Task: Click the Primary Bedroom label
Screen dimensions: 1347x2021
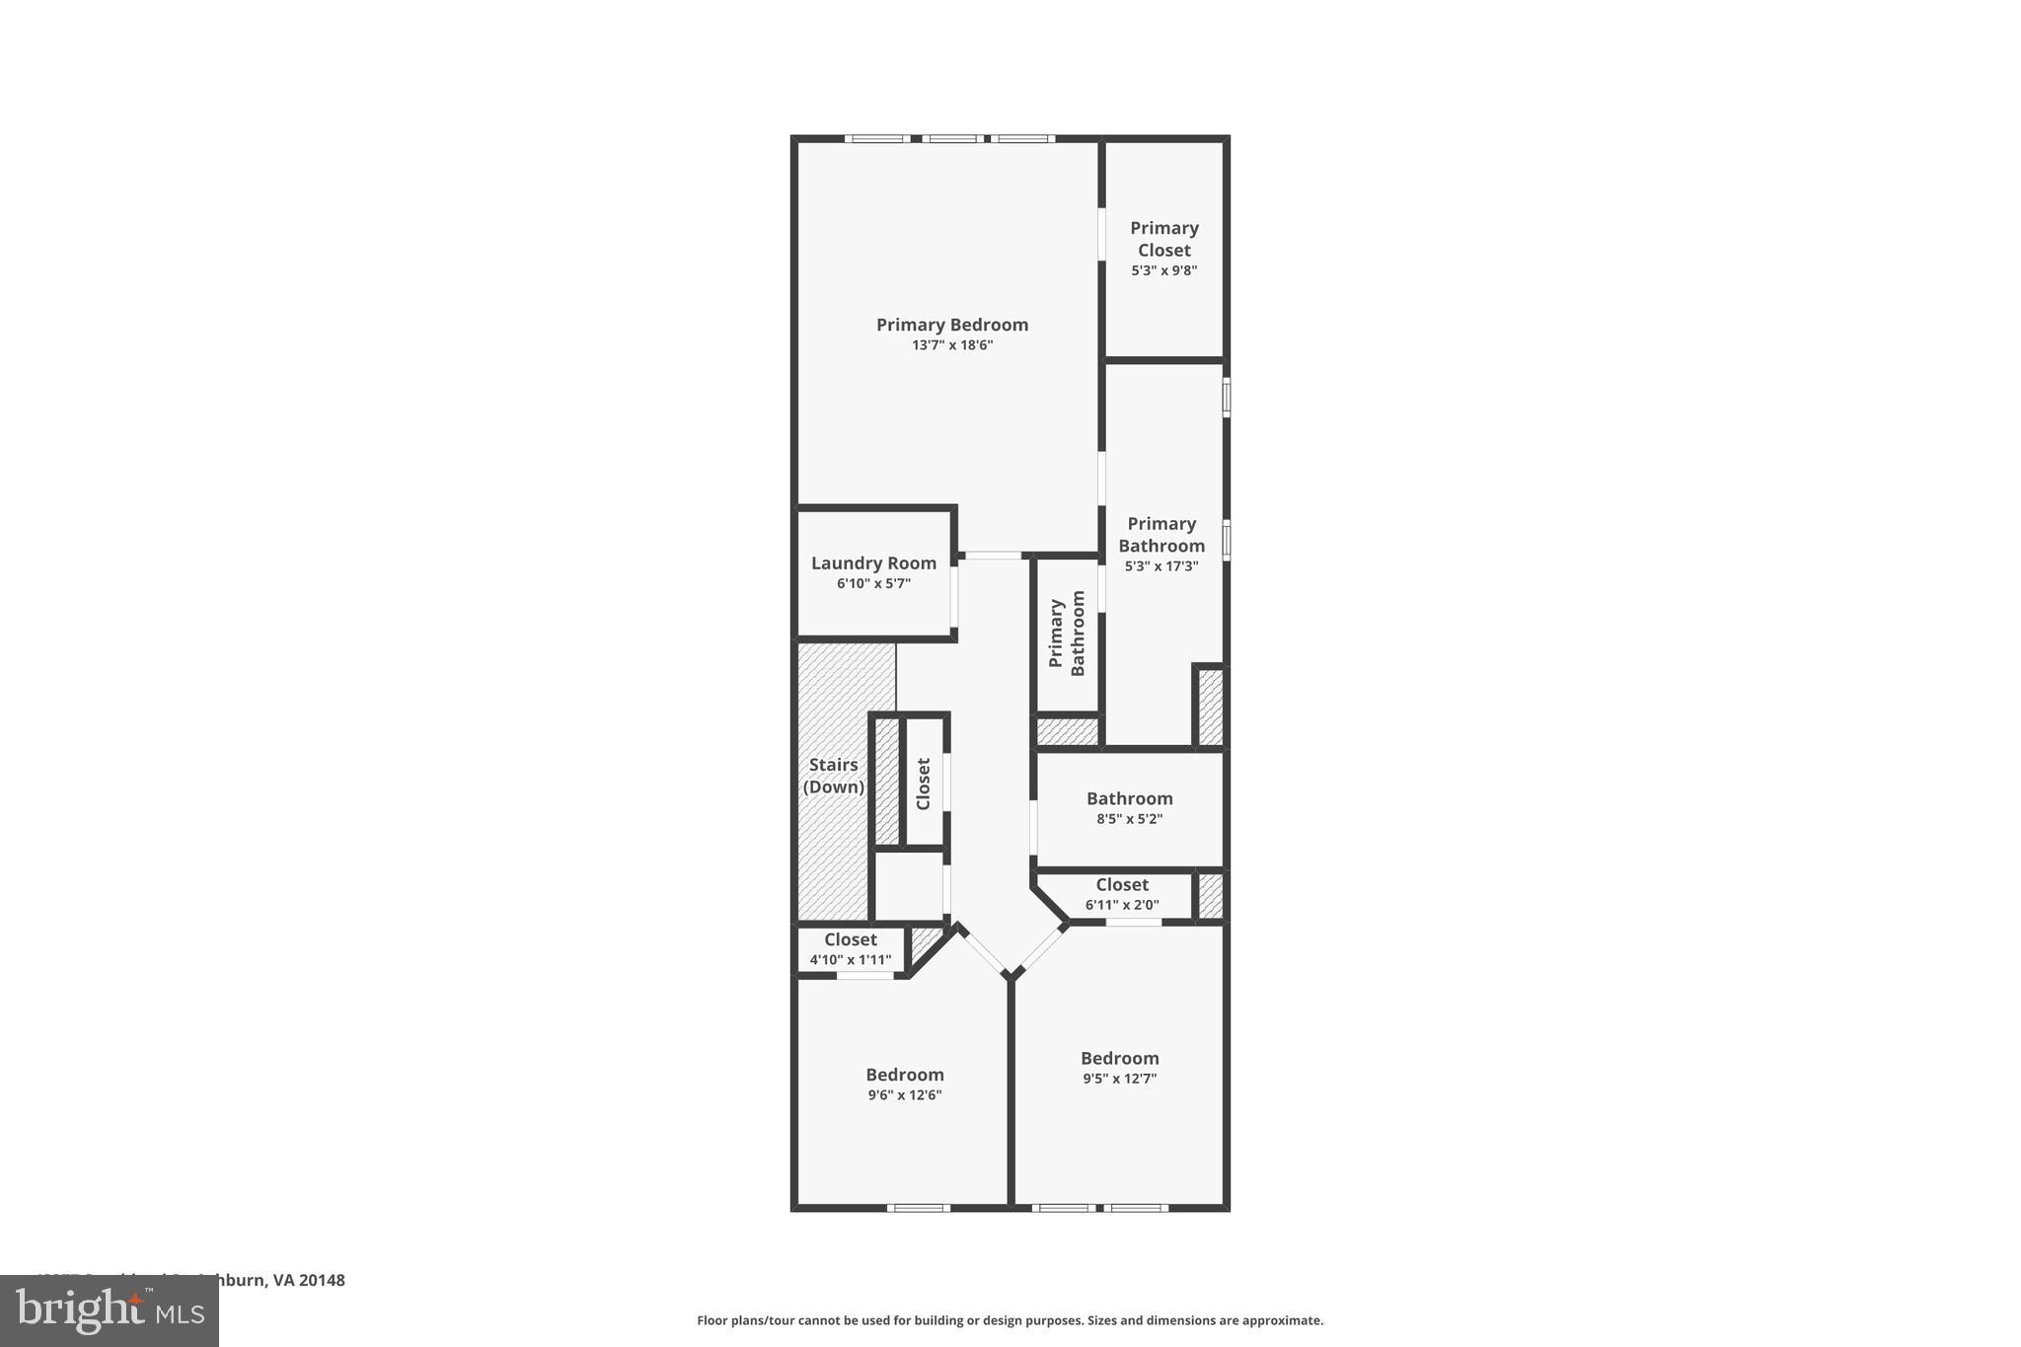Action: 952,325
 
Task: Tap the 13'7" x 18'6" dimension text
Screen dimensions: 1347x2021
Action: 952,345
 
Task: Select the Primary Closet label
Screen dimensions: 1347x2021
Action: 1164,239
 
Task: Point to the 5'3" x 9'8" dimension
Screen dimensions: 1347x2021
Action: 1164,270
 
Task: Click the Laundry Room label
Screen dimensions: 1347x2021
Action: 873,563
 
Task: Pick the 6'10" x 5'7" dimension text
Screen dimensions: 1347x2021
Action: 873,584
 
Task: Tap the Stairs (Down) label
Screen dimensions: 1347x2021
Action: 834,776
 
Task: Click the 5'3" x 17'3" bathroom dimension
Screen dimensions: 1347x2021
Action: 1161,566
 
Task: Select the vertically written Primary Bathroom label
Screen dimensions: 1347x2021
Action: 1067,634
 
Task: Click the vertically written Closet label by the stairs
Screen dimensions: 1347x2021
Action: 924,784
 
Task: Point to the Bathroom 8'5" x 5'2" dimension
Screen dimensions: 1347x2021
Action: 1130,819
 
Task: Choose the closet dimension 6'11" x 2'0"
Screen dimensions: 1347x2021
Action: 1122,905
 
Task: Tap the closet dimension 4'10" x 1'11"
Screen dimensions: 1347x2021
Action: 851,960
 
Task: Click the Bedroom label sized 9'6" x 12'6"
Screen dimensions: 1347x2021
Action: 905,1075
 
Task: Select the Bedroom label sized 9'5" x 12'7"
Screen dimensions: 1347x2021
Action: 1119,1058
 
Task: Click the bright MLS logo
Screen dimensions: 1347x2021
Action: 109,1310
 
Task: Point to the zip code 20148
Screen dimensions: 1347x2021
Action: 322,1280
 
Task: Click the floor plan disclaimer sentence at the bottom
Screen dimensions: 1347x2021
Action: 1010,1320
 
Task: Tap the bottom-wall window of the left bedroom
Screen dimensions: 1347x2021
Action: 918,1208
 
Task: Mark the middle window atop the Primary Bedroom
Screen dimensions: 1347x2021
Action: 951,138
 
